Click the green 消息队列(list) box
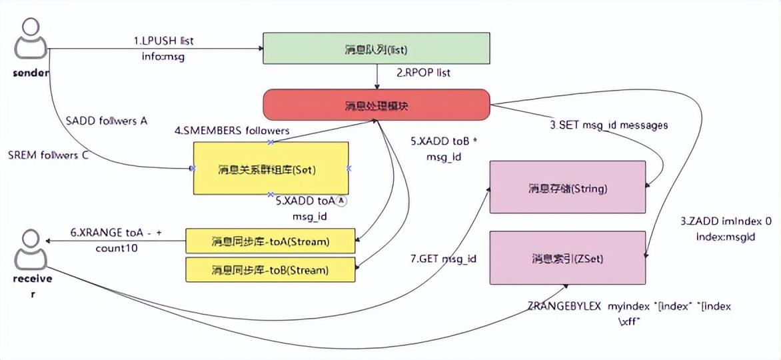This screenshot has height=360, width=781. (x=377, y=50)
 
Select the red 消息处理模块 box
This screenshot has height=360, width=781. (x=377, y=105)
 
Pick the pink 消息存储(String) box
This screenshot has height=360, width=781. (x=568, y=187)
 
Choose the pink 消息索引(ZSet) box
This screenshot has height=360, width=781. (x=568, y=257)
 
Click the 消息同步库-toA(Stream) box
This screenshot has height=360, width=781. (x=270, y=241)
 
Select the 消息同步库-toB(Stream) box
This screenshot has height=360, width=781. (x=270, y=269)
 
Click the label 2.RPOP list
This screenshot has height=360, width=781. (x=424, y=73)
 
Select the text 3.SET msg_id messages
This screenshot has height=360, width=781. (x=609, y=125)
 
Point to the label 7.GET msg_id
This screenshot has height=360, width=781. (x=443, y=258)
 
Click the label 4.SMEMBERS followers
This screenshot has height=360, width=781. (x=232, y=131)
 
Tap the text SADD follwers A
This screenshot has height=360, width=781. (x=107, y=121)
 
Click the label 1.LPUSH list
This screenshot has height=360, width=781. (x=163, y=41)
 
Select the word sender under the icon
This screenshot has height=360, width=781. (x=31, y=73)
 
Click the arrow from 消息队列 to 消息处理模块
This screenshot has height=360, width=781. (x=378, y=77)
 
